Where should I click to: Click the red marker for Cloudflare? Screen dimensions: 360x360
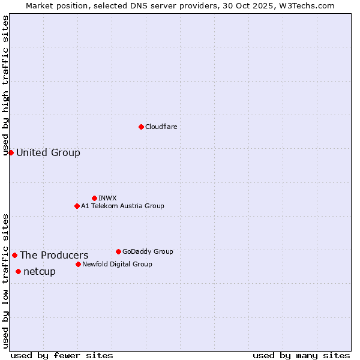pos(141,127)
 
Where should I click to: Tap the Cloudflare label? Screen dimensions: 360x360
pos(161,127)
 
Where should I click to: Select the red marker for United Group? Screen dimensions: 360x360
pos(11,152)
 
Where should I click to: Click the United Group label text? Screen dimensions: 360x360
pos(48,152)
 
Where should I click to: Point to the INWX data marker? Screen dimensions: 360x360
pos(94,198)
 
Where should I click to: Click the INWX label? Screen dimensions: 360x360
pos(108,198)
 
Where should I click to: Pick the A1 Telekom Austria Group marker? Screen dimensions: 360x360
pos(77,206)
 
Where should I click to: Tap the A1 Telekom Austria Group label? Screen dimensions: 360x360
pos(122,206)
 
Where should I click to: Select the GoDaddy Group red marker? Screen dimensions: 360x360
pos(118,251)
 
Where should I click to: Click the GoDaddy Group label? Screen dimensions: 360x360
pos(148,251)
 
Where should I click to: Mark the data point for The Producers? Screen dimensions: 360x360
pos(14,255)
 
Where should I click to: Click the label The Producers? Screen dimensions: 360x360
pos(54,255)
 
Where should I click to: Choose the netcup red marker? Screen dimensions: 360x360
pos(18,271)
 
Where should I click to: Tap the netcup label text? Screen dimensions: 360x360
pos(40,271)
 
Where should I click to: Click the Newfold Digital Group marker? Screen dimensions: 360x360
pos(78,264)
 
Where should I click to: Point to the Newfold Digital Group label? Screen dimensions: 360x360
pos(117,264)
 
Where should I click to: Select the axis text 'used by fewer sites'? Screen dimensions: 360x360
pos(62,355)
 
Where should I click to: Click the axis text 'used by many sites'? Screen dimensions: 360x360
pos(301,355)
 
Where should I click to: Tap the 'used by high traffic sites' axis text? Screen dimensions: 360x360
pos(5,86)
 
